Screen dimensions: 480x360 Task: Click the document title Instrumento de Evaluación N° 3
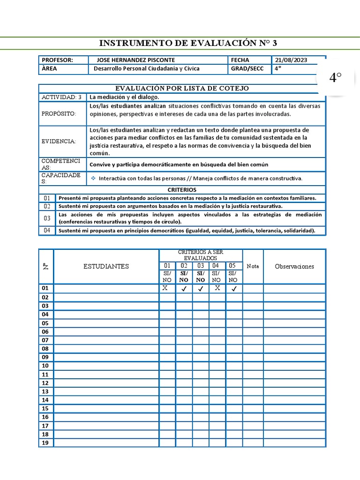188,44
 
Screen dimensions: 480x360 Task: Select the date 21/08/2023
291,60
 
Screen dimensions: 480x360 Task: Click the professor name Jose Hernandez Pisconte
135,60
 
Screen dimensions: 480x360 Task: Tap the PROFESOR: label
57,60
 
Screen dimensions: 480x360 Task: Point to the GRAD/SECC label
247,68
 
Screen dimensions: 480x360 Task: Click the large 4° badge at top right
335,78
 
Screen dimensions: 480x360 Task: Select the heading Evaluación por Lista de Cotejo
182,88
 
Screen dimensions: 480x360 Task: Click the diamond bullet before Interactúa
93,179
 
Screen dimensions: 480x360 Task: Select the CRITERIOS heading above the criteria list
182,190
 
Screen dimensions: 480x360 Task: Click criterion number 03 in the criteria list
47,218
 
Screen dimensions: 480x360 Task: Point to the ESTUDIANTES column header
106,266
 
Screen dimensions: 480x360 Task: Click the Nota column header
253,266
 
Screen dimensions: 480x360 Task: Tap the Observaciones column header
294,266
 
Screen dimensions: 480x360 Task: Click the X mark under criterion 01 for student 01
165,288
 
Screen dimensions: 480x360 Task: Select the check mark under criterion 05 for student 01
233,289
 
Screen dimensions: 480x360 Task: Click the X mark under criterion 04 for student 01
217,288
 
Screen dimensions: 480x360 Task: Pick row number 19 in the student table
45,442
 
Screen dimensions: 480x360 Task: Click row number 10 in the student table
45,366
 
